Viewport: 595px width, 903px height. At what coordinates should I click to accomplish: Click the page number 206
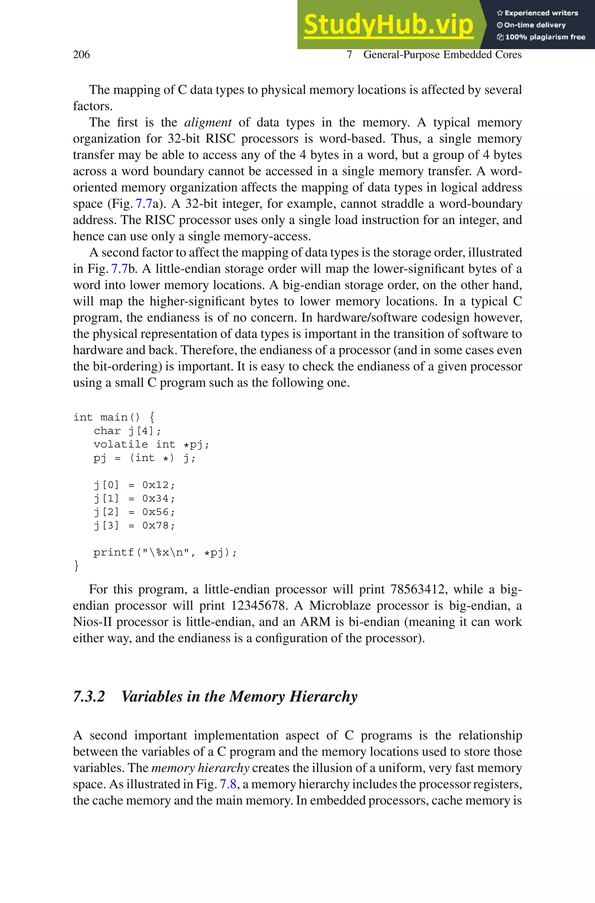[x=81, y=55]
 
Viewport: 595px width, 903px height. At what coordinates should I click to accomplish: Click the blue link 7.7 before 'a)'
[x=144, y=204]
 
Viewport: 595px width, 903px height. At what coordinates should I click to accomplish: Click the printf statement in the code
[x=165, y=553]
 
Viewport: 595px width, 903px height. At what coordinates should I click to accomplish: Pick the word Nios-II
[x=93, y=622]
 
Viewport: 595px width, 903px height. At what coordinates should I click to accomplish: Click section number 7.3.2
[x=89, y=697]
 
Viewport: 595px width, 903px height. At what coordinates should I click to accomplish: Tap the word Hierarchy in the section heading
[x=323, y=697]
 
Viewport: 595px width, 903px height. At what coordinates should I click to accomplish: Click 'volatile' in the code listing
[x=121, y=445]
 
